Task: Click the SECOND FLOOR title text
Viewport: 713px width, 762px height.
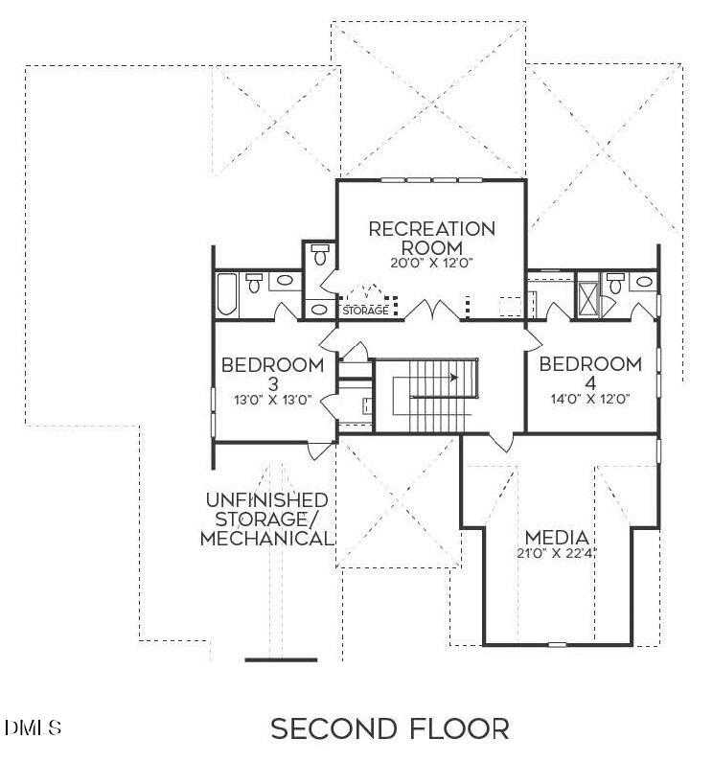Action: tap(389, 728)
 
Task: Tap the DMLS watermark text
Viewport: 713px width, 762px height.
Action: tap(33, 727)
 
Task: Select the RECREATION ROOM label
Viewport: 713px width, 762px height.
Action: tap(432, 237)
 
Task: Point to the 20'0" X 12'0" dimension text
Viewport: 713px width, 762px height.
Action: tap(432, 263)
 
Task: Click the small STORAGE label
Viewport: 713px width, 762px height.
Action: tap(365, 311)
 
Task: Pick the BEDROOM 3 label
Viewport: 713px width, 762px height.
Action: tap(272, 374)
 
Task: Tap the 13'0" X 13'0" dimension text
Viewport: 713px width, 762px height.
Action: tap(272, 400)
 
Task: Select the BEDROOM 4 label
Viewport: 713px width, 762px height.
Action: tap(589, 373)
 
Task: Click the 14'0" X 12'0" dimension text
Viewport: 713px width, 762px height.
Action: tap(589, 400)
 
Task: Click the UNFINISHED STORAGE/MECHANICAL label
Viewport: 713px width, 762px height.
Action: tap(267, 520)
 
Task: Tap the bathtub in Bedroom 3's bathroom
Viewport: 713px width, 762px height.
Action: tap(227, 294)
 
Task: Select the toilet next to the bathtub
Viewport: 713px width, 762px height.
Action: tap(255, 282)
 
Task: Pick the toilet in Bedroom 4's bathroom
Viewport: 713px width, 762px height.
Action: tap(615, 282)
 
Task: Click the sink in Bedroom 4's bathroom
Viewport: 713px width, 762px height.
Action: tap(643, 283)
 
